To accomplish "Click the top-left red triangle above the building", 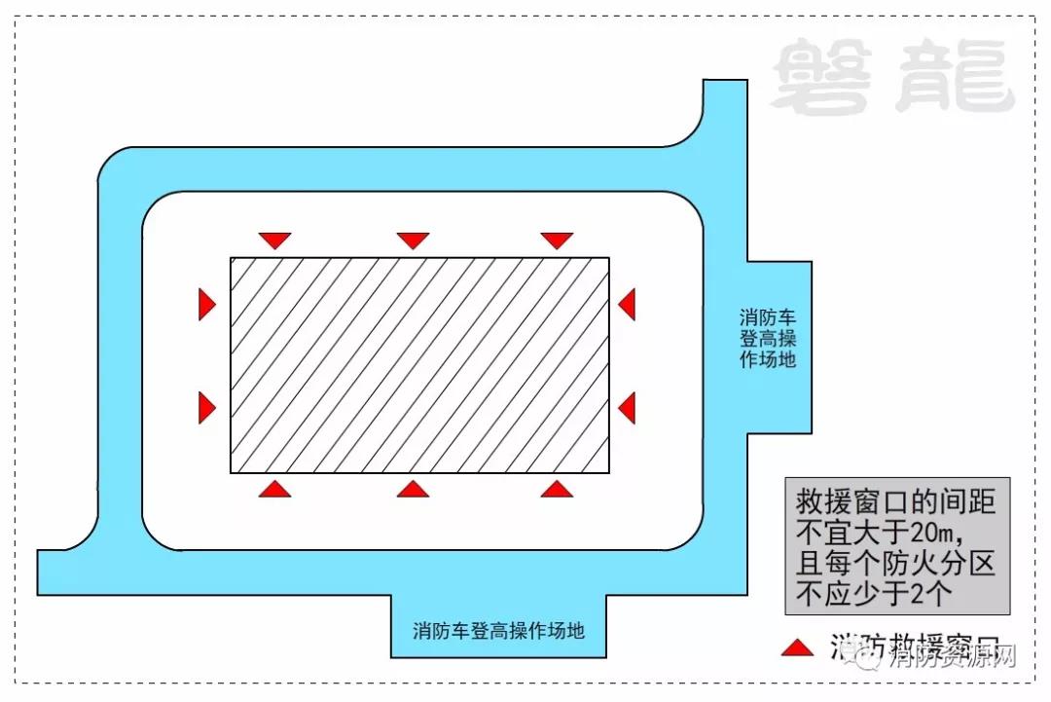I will click(x=275, y=240).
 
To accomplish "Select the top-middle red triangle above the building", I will click(x=413, y=240).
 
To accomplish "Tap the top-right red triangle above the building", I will click(x=557, y=240).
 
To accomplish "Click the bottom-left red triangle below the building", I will click(x=275, y=489).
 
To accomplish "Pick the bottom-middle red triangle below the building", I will click(x=413, y=489).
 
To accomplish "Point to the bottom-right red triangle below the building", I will click(x=557, y=489).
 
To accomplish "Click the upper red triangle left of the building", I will click(x=205, y=304).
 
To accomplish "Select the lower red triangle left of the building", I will click(x=205, y=407).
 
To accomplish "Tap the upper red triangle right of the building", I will click(x=628, y=304).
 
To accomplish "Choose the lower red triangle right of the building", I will click(x=628, y=407).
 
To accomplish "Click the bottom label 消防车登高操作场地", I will click(x=498, y=630).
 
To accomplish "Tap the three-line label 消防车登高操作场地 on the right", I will click(x=768, y=338).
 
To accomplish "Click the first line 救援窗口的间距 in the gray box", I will click(x=896, y=502).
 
